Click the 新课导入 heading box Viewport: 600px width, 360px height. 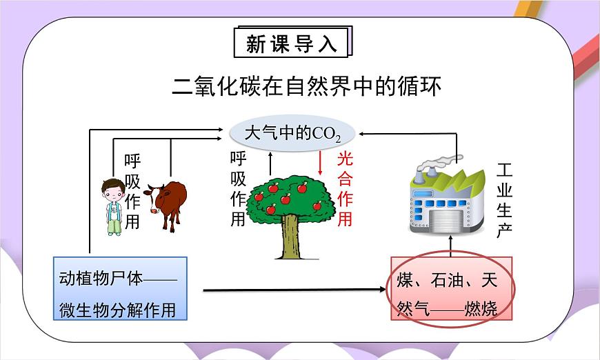(292, 43)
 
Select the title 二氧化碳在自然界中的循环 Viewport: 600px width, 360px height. (306, 87)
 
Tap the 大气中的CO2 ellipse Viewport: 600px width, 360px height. (292, 132)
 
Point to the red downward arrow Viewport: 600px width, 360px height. (321, 163)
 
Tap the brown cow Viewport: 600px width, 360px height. (166, 203)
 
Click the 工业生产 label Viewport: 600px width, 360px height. (505, 201)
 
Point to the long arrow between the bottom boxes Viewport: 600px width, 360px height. (297, 290)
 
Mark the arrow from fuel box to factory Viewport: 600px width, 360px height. (452, 244)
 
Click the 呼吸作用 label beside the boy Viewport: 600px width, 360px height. (132, 192)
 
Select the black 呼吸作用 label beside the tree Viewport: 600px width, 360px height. (238, 189)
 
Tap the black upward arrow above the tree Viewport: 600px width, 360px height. (270, 163)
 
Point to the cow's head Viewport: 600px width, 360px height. (151, 198)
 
